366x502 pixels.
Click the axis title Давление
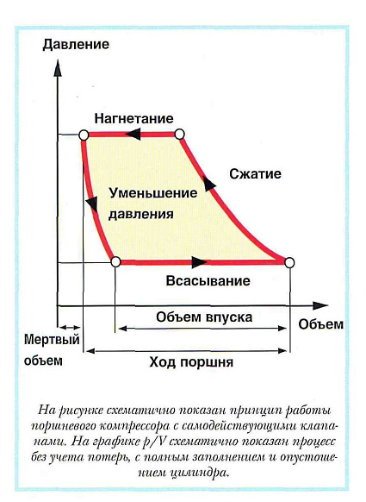tap(76, 45)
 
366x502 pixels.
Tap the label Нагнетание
tap(133, 119)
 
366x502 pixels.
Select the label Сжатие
tap(255, 174)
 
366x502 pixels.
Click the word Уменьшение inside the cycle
tap(152, 193)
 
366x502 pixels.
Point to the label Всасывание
tap(208, 281)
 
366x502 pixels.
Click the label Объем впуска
tap(204, 317)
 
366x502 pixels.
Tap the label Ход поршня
tap(191, 362)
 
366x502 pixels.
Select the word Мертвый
tap(52, 339)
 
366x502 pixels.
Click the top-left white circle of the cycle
tap(84, 135)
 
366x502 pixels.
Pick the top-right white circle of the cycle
tap(179, 135)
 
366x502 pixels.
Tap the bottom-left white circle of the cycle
tap(115, 262)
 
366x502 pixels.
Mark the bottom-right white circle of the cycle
tap(289, 263)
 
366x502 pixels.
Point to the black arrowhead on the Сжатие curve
tap(208, 184)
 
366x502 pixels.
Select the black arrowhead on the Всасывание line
tap(199, 262)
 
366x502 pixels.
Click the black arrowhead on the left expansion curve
tap(92, 203)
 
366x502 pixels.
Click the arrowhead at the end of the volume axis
tap(320, 305)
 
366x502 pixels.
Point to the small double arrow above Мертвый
tap(70, 328)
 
